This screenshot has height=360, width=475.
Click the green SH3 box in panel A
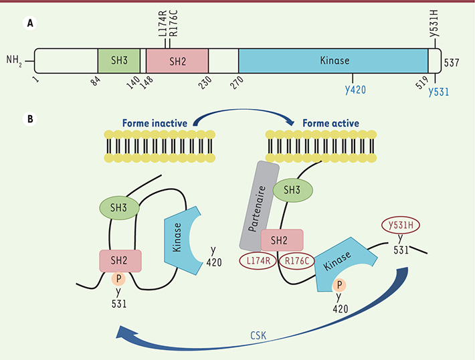pos(118,61)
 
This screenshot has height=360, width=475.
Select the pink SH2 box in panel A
pos(177,61)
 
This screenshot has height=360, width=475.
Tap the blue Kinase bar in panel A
pos(333,61)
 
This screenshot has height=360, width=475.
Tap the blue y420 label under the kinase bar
pos(355,89)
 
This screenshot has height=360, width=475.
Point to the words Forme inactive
pos(156,123)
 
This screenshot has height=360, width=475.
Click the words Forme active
pos(330,123)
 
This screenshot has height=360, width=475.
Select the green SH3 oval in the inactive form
pos(119,207)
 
